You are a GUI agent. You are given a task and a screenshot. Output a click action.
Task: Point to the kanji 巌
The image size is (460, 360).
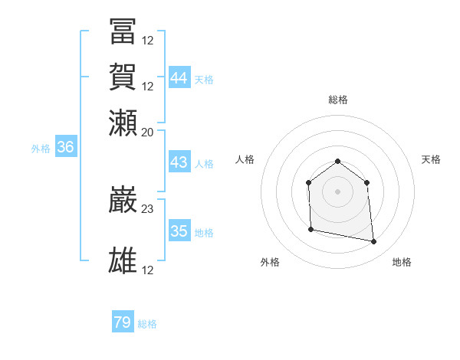(123, 199)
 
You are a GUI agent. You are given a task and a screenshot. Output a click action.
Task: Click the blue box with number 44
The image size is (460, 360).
(179, 78)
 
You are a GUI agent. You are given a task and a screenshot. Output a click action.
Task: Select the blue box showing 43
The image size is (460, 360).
(179, 162)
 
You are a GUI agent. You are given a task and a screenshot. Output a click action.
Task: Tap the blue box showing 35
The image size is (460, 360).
(179, 231)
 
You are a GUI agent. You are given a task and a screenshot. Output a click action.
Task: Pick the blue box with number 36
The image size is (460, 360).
(65, 148)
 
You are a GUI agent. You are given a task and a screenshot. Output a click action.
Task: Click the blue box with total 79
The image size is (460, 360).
(123, 322)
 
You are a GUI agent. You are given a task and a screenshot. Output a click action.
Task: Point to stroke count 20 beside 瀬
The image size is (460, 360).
(148, 132)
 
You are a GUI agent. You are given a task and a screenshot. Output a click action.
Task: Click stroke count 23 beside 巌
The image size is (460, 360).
(148, 208)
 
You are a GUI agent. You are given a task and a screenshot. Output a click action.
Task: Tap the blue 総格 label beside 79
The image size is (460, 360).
(147, 324)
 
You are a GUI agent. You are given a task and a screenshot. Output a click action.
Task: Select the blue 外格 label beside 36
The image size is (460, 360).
(41, 149)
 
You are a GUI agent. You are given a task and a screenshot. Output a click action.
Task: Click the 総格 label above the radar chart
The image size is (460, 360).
(338, 100)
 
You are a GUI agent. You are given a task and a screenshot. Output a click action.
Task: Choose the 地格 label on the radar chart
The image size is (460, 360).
(402, 262)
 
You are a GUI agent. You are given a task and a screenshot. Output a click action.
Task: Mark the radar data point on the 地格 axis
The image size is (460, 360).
(374, 242)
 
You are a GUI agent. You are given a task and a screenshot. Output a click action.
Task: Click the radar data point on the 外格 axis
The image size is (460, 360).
(310, 229)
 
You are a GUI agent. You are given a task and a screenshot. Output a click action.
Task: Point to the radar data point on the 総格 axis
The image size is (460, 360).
(338, 161)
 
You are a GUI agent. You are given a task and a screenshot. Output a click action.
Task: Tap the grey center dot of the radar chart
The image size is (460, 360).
(338, 191)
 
